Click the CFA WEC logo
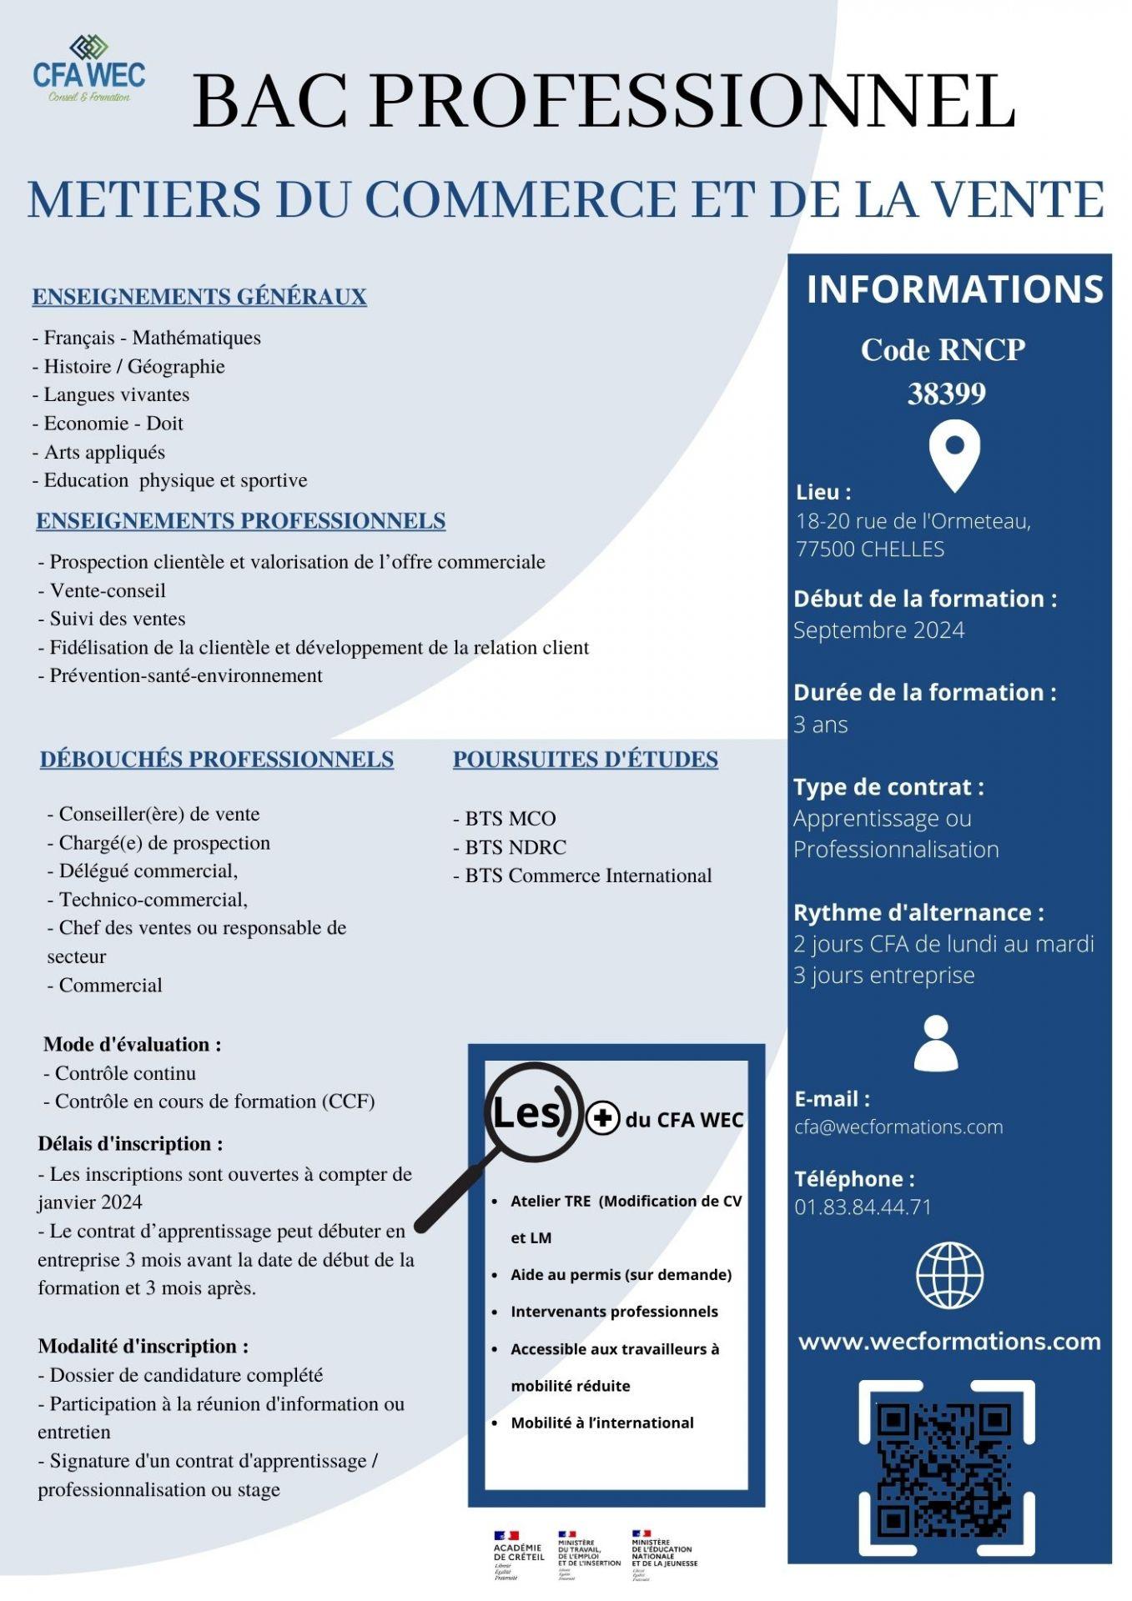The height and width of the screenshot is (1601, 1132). tap(88, 69)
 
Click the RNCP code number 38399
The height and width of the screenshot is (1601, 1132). tap(946, 393)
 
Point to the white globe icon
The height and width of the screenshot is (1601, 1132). tap(949, 1275)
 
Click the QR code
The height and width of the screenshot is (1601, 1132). tap(946, 1468)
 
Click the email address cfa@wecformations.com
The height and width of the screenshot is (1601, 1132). tap(898, 1127)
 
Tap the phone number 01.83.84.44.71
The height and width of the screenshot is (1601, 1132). tap(863, 1207)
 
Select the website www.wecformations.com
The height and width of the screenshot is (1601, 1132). tap(948, 1342)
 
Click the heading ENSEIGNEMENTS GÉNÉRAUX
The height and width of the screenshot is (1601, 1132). tap(199, 297)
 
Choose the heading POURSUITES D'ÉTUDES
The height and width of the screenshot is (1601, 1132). tap(585, 760)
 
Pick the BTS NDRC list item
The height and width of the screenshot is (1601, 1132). tap(510, 847)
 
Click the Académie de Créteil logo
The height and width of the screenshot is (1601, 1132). tap(517, 1555)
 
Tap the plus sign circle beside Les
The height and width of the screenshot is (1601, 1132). tap(602, 1118)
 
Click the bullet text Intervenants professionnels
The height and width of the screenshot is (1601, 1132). tap(614, 1312)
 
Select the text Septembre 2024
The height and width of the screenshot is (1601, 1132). tap(878, 630)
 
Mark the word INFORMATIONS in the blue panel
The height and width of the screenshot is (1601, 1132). tap(954, 289)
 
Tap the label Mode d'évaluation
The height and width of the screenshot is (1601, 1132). tap(132, 1044)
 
